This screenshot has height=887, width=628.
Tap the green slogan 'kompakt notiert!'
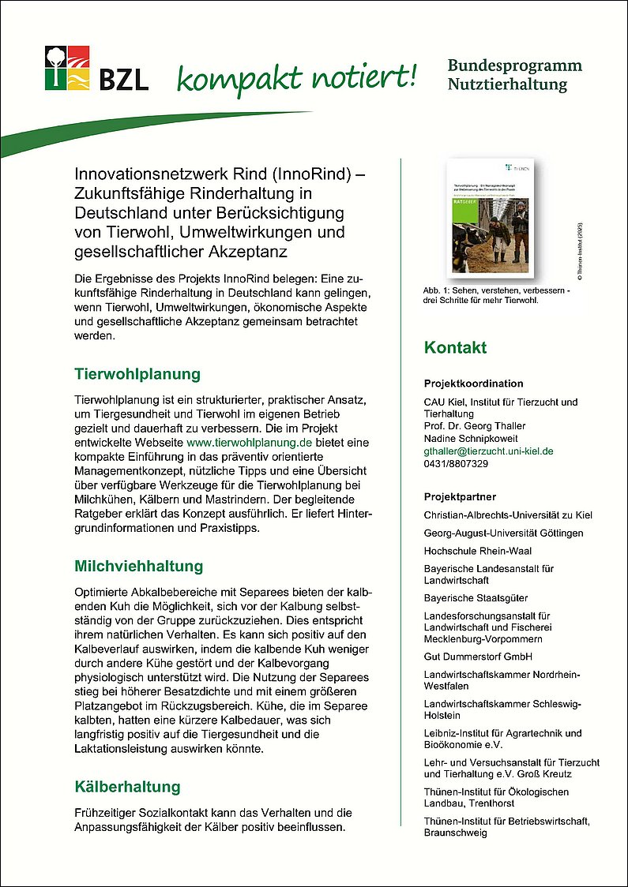click(295, 77)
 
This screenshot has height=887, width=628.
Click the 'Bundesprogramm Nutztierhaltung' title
click(514, 74)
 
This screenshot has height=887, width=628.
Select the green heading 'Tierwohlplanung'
click(137, 373)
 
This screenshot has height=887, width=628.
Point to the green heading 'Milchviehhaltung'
click(138, 566)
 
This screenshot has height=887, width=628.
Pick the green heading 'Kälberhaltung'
click(127, 786)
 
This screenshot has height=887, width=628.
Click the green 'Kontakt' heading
click(455, 347)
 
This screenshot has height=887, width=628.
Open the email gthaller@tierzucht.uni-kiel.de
click(488, 451)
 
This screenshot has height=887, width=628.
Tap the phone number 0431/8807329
click(456, 464)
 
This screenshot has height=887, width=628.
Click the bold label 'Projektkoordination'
click(473, 384)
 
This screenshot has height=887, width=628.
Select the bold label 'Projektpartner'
click(460, 497)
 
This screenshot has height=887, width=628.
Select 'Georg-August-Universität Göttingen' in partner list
click(503, 533)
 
